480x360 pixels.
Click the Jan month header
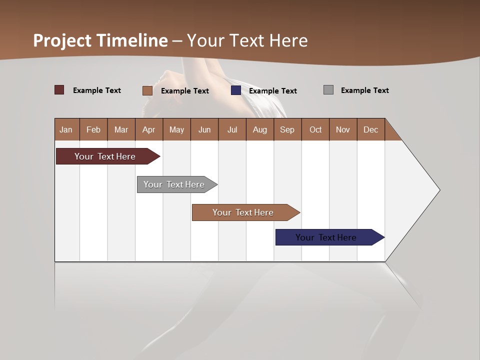coord(66,129)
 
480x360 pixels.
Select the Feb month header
coord(93,129)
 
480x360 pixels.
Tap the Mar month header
coord(121,129)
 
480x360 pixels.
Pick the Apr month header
coord(149,129)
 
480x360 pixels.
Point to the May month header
coord(176,129)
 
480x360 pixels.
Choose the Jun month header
coord(204,129)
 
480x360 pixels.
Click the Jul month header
coord(232,129)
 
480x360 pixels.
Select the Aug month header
coord(260,129)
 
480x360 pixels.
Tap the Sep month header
coord(287,129)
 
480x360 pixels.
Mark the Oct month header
coord(315,129)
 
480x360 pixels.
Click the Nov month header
coord(343,129)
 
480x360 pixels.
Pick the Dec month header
coord(371,129)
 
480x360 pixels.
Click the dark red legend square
coord(59,90)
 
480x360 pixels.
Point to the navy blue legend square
coord(236,90)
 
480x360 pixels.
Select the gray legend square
coord(328,90)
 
